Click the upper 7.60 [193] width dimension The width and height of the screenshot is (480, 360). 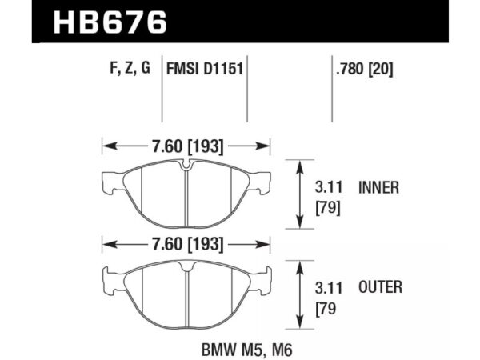pyautogui.click(x=186, y=146)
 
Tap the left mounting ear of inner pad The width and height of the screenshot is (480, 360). pyautogui.click(x=111, y=182)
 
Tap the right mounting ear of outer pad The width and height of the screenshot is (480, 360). pyautogui.click(x=261, y=279)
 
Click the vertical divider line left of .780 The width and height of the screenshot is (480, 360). pyautogui.click(x=332, y=88)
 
